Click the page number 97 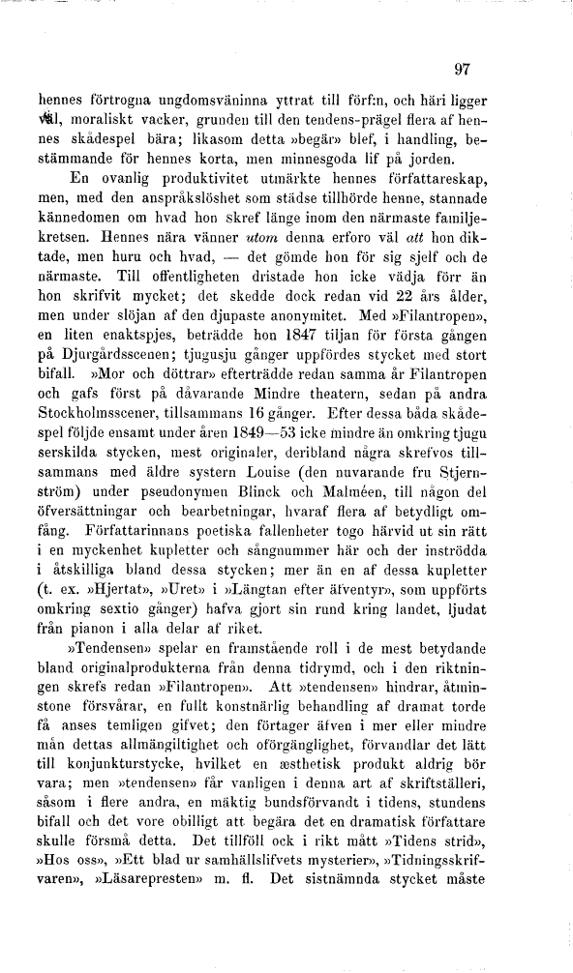point(461,69)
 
